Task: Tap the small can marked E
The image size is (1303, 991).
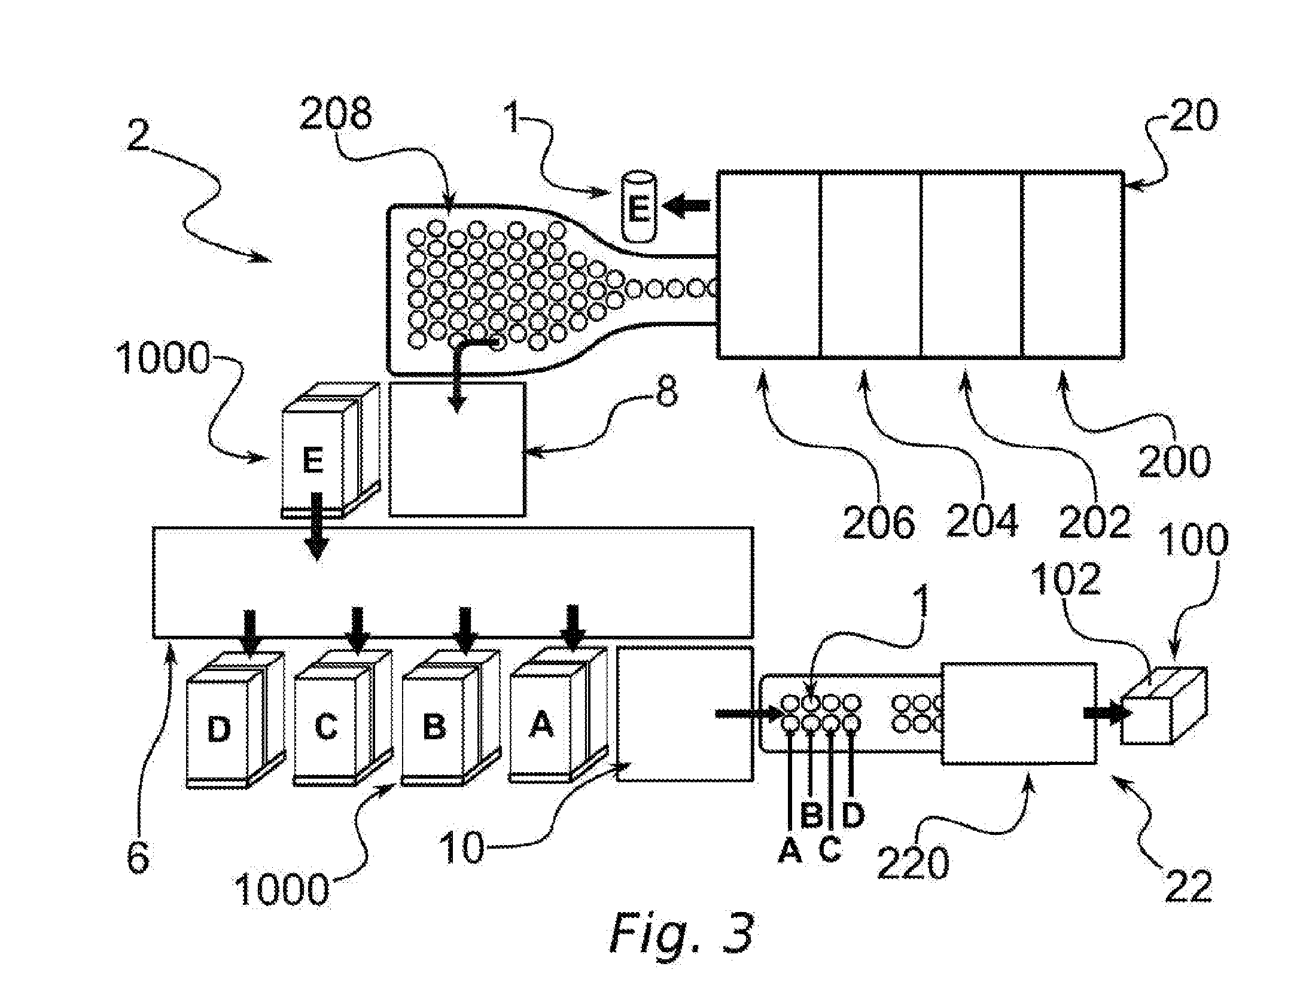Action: [639, 207]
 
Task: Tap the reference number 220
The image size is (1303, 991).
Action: [914, 863]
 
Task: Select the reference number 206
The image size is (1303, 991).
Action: [879, 522]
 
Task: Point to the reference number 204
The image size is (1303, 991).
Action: [982, 520]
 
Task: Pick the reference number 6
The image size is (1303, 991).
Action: [138, 859]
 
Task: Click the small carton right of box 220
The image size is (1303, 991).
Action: [1164, 705]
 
